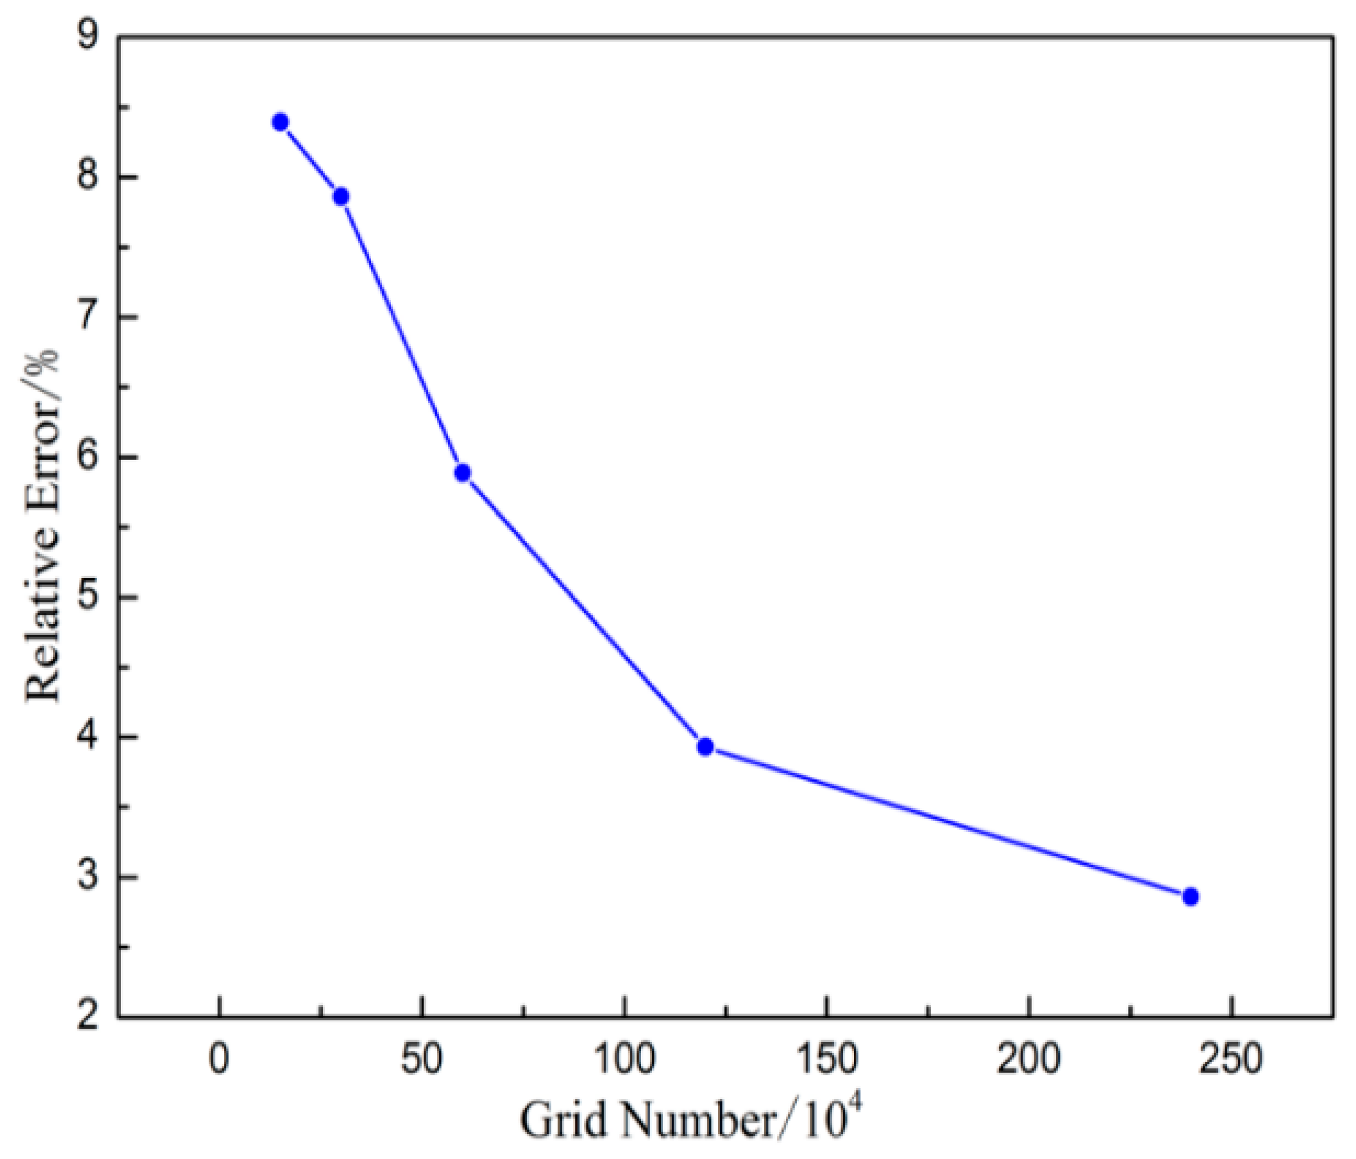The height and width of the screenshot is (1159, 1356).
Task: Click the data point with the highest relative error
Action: pos(281,122)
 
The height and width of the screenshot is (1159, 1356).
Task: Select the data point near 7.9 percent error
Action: pos(340,196)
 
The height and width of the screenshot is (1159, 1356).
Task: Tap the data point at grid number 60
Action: pos(462,473)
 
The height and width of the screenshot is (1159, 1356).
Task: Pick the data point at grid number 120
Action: pos(705,747)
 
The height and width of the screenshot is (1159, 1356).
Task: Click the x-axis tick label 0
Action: pos(219,1059)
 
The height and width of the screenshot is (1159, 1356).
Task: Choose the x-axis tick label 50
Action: pos(422,1059)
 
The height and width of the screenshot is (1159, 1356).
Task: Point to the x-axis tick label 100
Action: pos(624,1059)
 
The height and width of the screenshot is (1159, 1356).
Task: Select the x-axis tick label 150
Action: pos(827,1059)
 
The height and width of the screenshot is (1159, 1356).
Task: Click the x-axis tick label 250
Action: pos(1231,1059)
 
